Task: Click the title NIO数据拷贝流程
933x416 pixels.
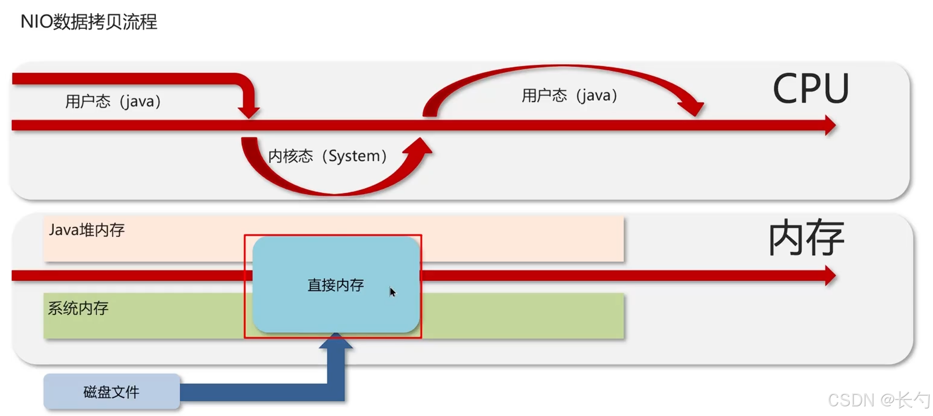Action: coord(89,22)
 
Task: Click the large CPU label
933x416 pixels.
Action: coord(810,89)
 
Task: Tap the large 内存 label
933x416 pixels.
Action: coord(806,238)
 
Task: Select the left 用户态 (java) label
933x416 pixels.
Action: coord(113,101)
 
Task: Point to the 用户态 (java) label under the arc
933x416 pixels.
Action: coord(569,96)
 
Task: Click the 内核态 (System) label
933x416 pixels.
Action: coord(327,156)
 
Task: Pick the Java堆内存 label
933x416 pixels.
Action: coord(86,230)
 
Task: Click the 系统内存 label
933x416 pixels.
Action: coord(78,308)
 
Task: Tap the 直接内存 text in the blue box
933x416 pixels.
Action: coord(336,285)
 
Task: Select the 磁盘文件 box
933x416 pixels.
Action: coord(112,392)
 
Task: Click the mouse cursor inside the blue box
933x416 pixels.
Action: coord(392,292)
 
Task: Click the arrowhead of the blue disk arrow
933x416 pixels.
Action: coord(336,341)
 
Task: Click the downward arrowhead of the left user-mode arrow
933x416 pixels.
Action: coord(249,112)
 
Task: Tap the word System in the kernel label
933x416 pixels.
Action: coord(354,156)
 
